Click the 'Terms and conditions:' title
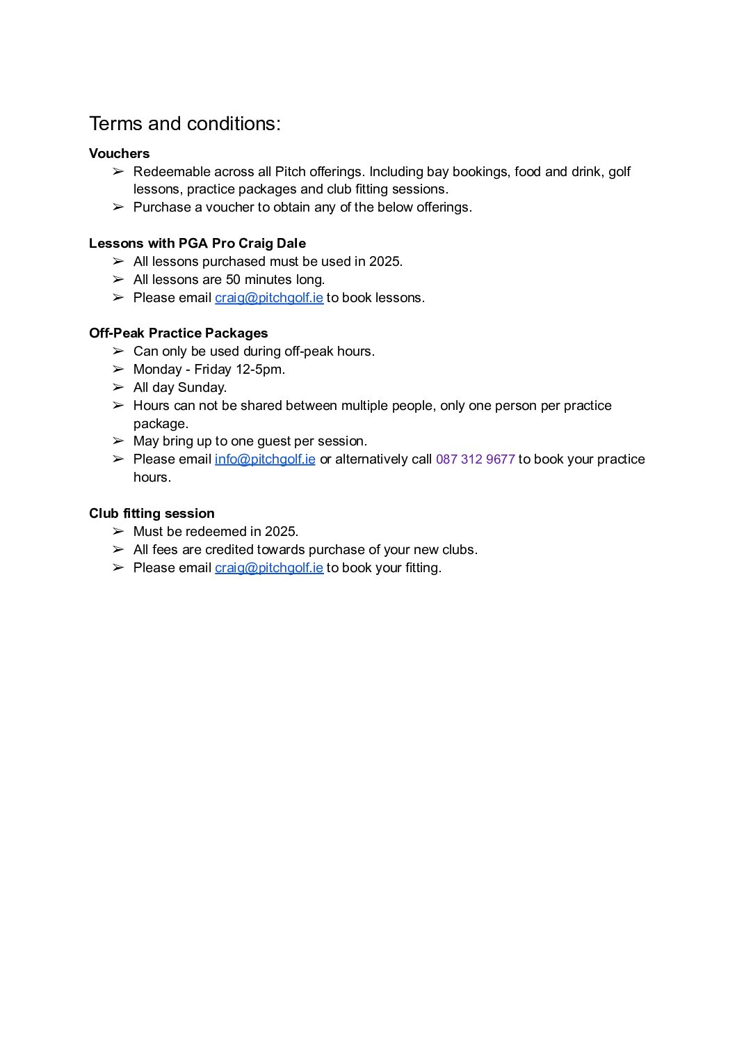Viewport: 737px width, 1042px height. (x=185, y=124)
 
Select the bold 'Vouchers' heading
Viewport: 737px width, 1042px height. (x=119, y=153)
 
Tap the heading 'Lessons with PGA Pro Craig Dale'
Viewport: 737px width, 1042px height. (x=197, y=243)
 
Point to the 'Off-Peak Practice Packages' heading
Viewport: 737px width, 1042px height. (x=178, y=333)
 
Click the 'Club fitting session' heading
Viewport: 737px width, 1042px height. (x=152, y=513)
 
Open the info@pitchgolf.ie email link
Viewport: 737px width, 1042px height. (x=265, y=459)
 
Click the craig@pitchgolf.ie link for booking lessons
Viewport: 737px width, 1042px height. (x=269, y=298)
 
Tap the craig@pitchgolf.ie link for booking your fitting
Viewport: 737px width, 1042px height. (x=269, y=568)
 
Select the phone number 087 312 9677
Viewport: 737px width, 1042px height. (x=475, y=459)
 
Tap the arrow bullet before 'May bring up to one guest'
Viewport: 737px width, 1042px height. (x=118, y=441)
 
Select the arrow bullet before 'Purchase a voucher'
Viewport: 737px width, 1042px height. (x=118, y=207)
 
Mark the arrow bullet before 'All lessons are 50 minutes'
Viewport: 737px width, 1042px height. (x=118, y=280)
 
